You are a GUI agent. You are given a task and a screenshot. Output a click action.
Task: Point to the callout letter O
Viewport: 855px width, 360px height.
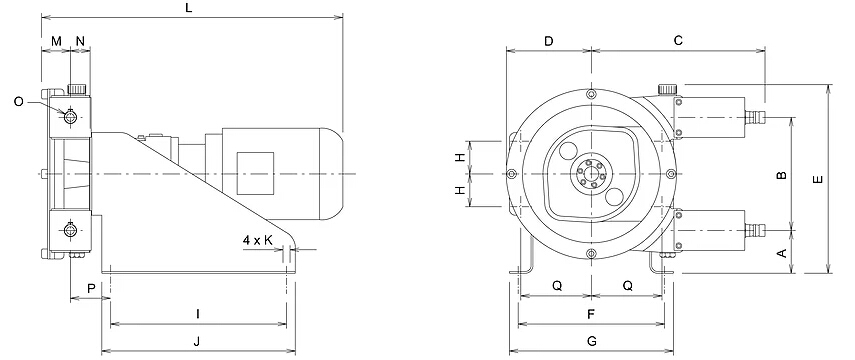coord(20,101)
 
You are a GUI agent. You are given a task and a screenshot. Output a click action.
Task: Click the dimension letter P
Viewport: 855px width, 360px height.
coord(91,288)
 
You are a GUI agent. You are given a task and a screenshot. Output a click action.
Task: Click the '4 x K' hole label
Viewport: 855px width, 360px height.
coord(258,240)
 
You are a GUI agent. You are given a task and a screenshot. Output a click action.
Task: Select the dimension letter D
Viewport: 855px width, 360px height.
coord(548,41)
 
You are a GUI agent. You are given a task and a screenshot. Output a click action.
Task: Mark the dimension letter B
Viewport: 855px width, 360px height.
coord(782,176)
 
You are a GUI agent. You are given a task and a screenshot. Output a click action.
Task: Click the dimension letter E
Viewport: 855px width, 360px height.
coord(818,180)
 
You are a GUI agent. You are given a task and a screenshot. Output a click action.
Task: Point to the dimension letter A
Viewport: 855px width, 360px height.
coord(782,254)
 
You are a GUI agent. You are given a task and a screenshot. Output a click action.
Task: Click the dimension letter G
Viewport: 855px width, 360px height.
coord(592,341)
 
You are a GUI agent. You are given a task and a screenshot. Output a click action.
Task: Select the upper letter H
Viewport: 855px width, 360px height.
coord(460,158)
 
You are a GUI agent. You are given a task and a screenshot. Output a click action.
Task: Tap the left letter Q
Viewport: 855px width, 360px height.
coord(556,285)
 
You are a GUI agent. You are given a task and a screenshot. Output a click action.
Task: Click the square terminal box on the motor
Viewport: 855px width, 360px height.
coord(254,166)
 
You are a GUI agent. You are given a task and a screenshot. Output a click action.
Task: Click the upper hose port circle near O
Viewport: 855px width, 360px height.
coord(72,117)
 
